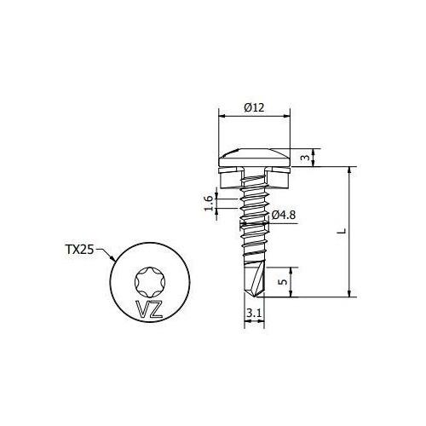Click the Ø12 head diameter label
pos(254,107)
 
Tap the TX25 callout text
pos(79,250)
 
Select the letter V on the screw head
pos(141,309)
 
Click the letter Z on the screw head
pos(155,309)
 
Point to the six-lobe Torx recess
pos(149,282)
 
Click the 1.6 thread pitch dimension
pos(209,203)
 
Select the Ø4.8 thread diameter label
pos(284,216)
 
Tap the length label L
pos(343,231)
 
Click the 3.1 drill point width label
pos(254,314)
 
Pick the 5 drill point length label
pos(283,282)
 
